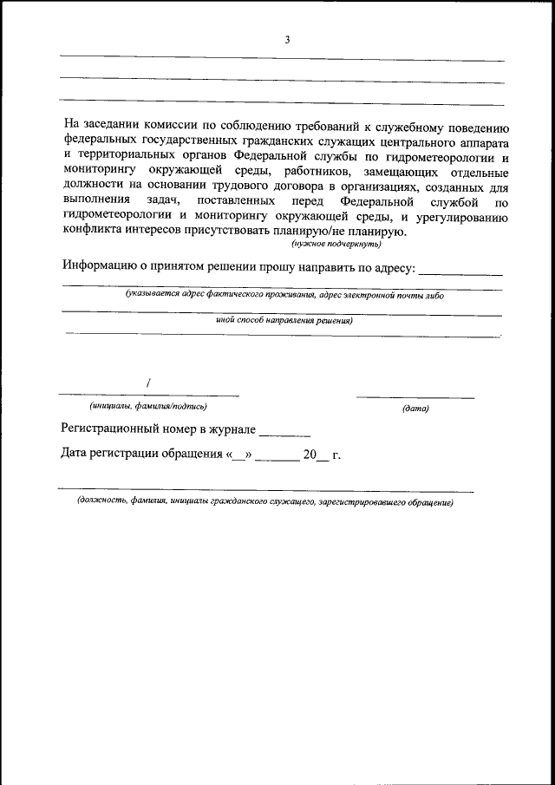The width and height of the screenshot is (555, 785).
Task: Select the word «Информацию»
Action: [101, 267]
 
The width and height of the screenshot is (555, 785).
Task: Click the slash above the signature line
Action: [149, 382]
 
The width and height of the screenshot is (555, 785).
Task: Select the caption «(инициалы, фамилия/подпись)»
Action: [148, 406]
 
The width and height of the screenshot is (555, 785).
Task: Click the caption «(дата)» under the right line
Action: [415, 408]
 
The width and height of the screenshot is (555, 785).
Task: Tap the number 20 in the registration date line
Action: [311, 454]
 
